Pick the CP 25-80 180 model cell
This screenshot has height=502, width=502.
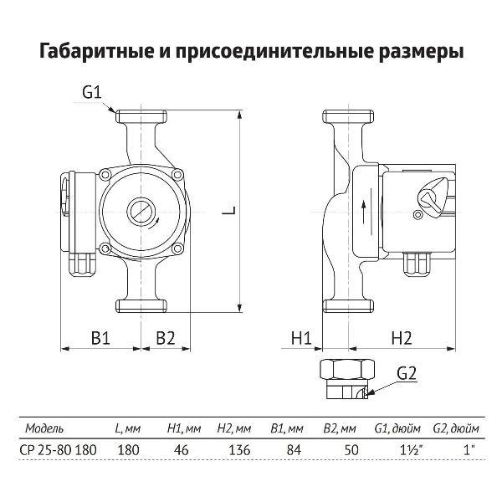(57, 449)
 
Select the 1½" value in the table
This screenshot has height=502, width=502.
(402, 449)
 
